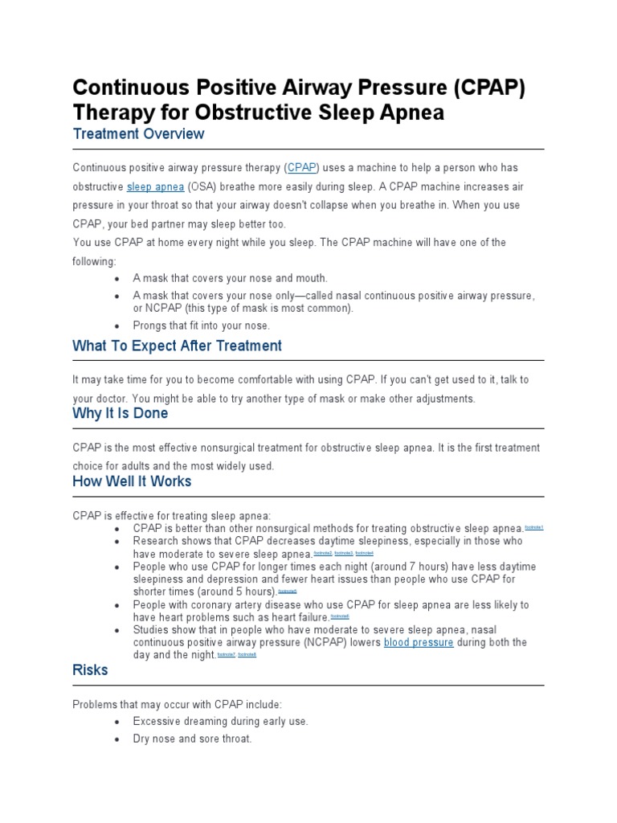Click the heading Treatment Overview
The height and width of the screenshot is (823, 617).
(x=138, y=134)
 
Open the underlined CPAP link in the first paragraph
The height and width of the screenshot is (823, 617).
(x=303, y=168)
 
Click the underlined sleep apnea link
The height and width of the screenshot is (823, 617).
(x=155, y=186)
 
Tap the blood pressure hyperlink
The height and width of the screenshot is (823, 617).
(x=419, y=643)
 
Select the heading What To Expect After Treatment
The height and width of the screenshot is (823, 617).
(x=177, y=346)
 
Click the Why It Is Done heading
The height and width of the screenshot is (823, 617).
(x=121, y=414)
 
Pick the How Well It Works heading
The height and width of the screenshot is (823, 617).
(x=132, y=481)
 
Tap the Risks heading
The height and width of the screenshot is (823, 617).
(x=90, y=669)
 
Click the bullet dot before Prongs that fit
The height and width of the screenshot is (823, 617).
(x=117, y=326)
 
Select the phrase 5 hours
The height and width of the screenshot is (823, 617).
(x=252, y=592)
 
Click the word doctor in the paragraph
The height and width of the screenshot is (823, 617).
(x=114, y=399)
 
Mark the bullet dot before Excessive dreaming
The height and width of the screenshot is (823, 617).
(x=117, y=722)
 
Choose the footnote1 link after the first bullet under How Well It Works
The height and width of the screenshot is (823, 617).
(x=534, y=529)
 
